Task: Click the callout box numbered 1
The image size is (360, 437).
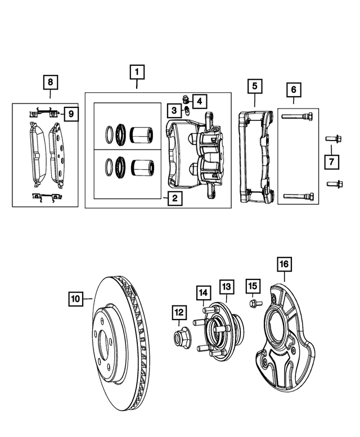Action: [137, 73]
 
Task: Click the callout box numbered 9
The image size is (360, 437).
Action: [71, 114]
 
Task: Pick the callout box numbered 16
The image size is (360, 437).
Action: [284, 264]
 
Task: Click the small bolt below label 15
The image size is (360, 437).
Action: [253, 304]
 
